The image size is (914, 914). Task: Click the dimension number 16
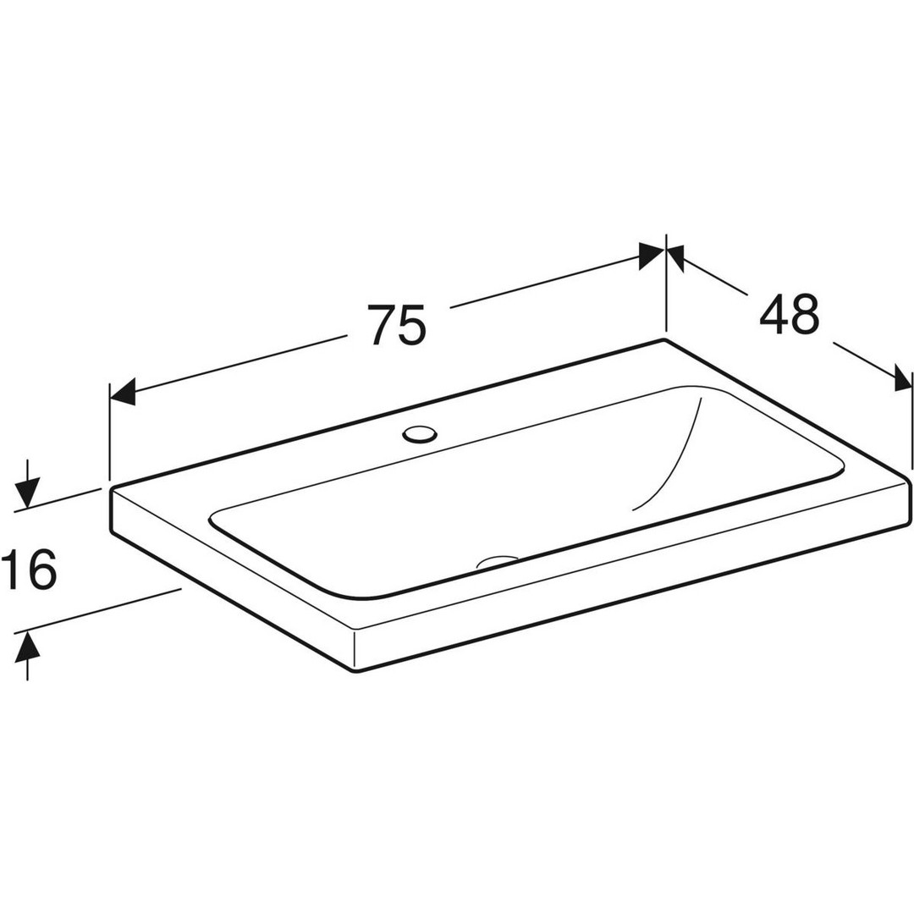[29, 569]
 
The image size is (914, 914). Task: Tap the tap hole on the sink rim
[419, 433]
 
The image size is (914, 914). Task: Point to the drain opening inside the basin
[498, 561]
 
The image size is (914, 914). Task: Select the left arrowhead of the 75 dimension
[123, 391]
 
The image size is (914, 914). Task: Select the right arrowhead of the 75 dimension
[652, 256]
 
